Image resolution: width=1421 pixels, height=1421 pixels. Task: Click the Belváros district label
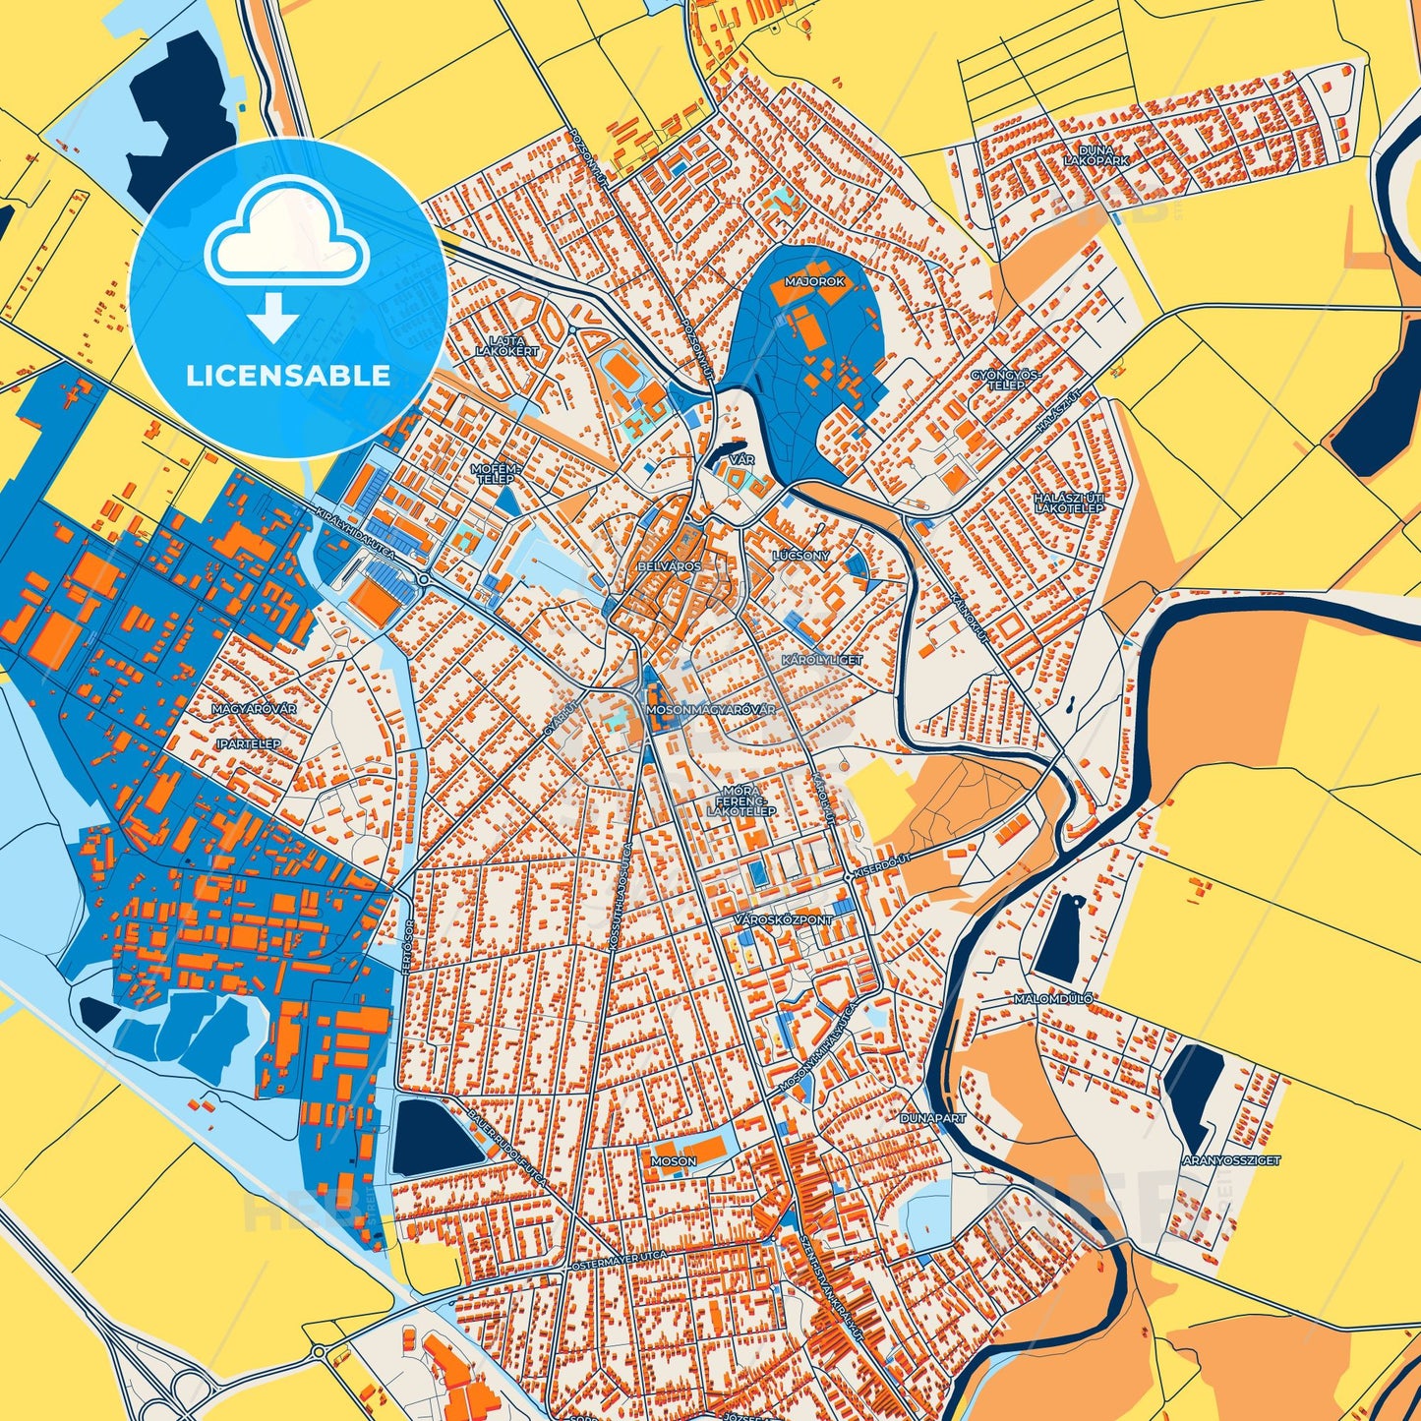(669, 567)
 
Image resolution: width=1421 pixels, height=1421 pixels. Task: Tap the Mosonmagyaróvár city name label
(710, 709)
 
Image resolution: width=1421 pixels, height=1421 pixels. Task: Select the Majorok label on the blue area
(814, 281)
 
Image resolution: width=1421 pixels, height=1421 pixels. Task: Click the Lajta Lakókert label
(507, 345)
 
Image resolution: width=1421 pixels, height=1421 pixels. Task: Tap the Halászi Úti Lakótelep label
(1069, 503)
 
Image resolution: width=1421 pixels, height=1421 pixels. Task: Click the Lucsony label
(800, 556)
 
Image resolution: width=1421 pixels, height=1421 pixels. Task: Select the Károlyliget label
(821, 660)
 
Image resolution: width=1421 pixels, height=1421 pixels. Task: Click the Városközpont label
(784, 919)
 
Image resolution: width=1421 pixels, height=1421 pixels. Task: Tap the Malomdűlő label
(1052, 999)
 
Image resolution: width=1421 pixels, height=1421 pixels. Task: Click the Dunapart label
(933, 1118)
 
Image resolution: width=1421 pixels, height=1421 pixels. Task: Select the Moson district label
(674, 1161)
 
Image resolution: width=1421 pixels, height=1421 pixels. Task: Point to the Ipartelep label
(248, 744)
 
